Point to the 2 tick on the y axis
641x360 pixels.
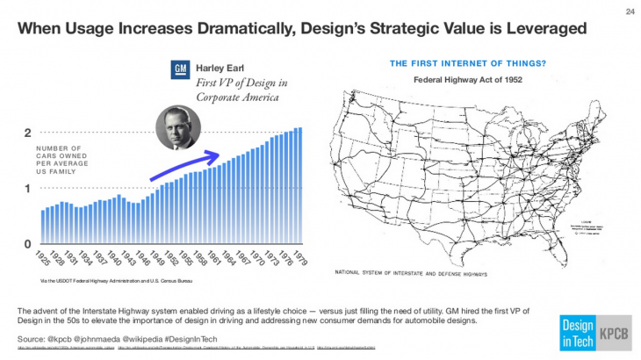tap(28, 133)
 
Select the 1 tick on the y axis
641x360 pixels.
tap(28, 189)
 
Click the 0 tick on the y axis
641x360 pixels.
tap(28, 243)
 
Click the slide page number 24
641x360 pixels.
tap(630, 11)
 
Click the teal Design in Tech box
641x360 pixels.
tap(573, 333)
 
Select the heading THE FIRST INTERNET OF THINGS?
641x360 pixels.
tap(466, 62)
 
